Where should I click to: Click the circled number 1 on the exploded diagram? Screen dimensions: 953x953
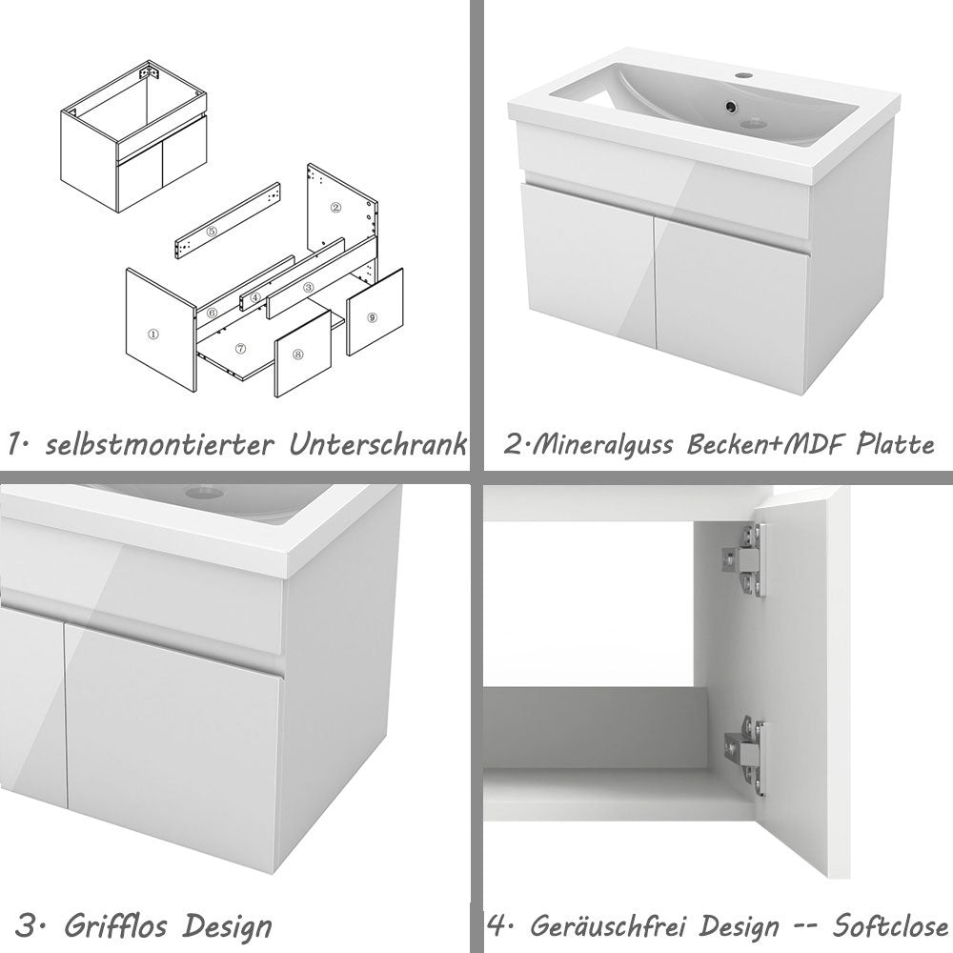tap(153, 335)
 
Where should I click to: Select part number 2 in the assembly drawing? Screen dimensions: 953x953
tap(335, 206)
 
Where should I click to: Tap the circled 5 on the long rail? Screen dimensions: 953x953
tap(213, 231)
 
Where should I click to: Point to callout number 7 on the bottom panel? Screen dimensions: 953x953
tap(240, 349)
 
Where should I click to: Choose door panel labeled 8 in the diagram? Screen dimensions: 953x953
tap(298, 354)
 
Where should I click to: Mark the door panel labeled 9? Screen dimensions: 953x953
tap(371, 315)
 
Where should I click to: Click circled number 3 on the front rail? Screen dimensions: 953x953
tap(308, 287)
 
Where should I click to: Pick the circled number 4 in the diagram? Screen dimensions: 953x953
tap(255, 296)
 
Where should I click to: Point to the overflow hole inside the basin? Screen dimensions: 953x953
tap(732, 109)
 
